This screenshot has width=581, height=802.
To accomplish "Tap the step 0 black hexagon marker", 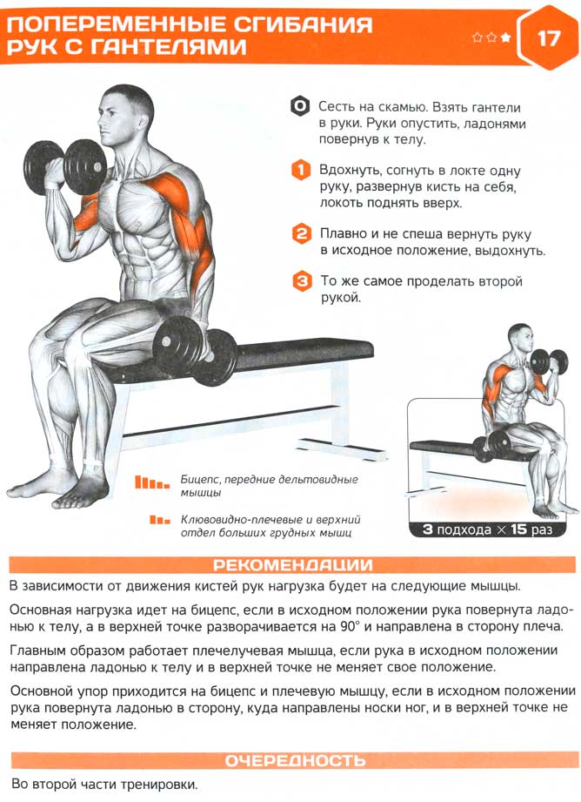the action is tap(300, 106).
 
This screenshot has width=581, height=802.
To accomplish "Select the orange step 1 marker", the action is tap(301, 170).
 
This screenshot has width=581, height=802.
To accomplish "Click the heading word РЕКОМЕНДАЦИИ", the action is tap(293, 564).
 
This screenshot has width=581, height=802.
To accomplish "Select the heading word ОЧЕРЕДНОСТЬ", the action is tap(296, 760).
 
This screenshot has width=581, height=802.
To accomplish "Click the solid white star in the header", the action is tap(505, 37).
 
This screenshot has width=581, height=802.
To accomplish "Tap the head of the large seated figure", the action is tap(125, 116).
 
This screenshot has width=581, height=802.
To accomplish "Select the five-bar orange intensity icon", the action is tap(151, 482).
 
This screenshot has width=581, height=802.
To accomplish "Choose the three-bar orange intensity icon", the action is tap(159, 520).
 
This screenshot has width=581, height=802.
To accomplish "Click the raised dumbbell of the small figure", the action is tap(548, 361).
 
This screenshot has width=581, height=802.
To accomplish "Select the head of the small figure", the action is tap(520, 338).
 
